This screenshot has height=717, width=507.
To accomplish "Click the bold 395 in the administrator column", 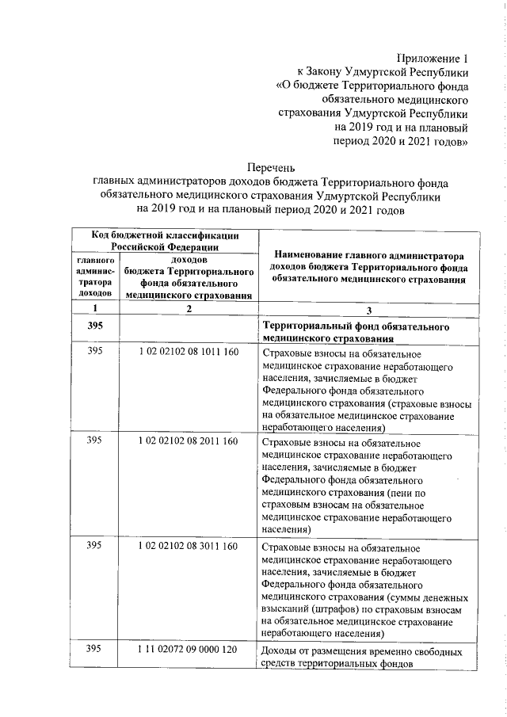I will (95, 326).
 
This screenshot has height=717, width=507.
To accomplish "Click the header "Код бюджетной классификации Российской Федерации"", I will (165, 240).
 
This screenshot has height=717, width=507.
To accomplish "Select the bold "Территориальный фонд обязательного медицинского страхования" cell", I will (356, 332).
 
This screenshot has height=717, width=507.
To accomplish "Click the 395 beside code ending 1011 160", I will (95, 351).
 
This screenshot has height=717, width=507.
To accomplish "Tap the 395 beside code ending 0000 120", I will (95, 650).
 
